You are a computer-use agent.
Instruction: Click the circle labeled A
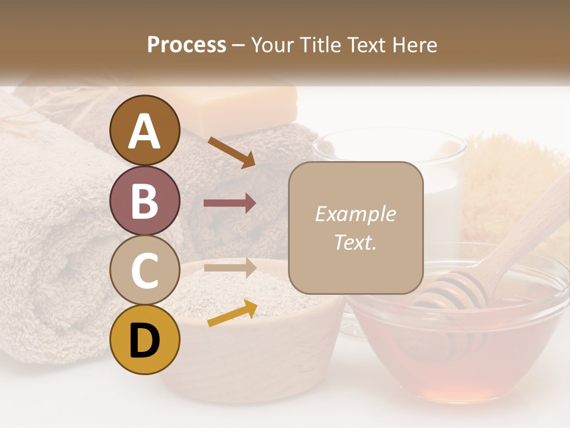145,130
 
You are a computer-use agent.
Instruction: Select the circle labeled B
145,200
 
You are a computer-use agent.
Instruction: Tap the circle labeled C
145,270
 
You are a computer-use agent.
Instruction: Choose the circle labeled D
145,339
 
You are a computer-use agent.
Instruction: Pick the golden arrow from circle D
232,313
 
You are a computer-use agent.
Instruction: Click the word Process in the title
186,45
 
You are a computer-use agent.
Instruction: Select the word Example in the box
355,214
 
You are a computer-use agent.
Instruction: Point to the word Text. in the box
355,242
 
